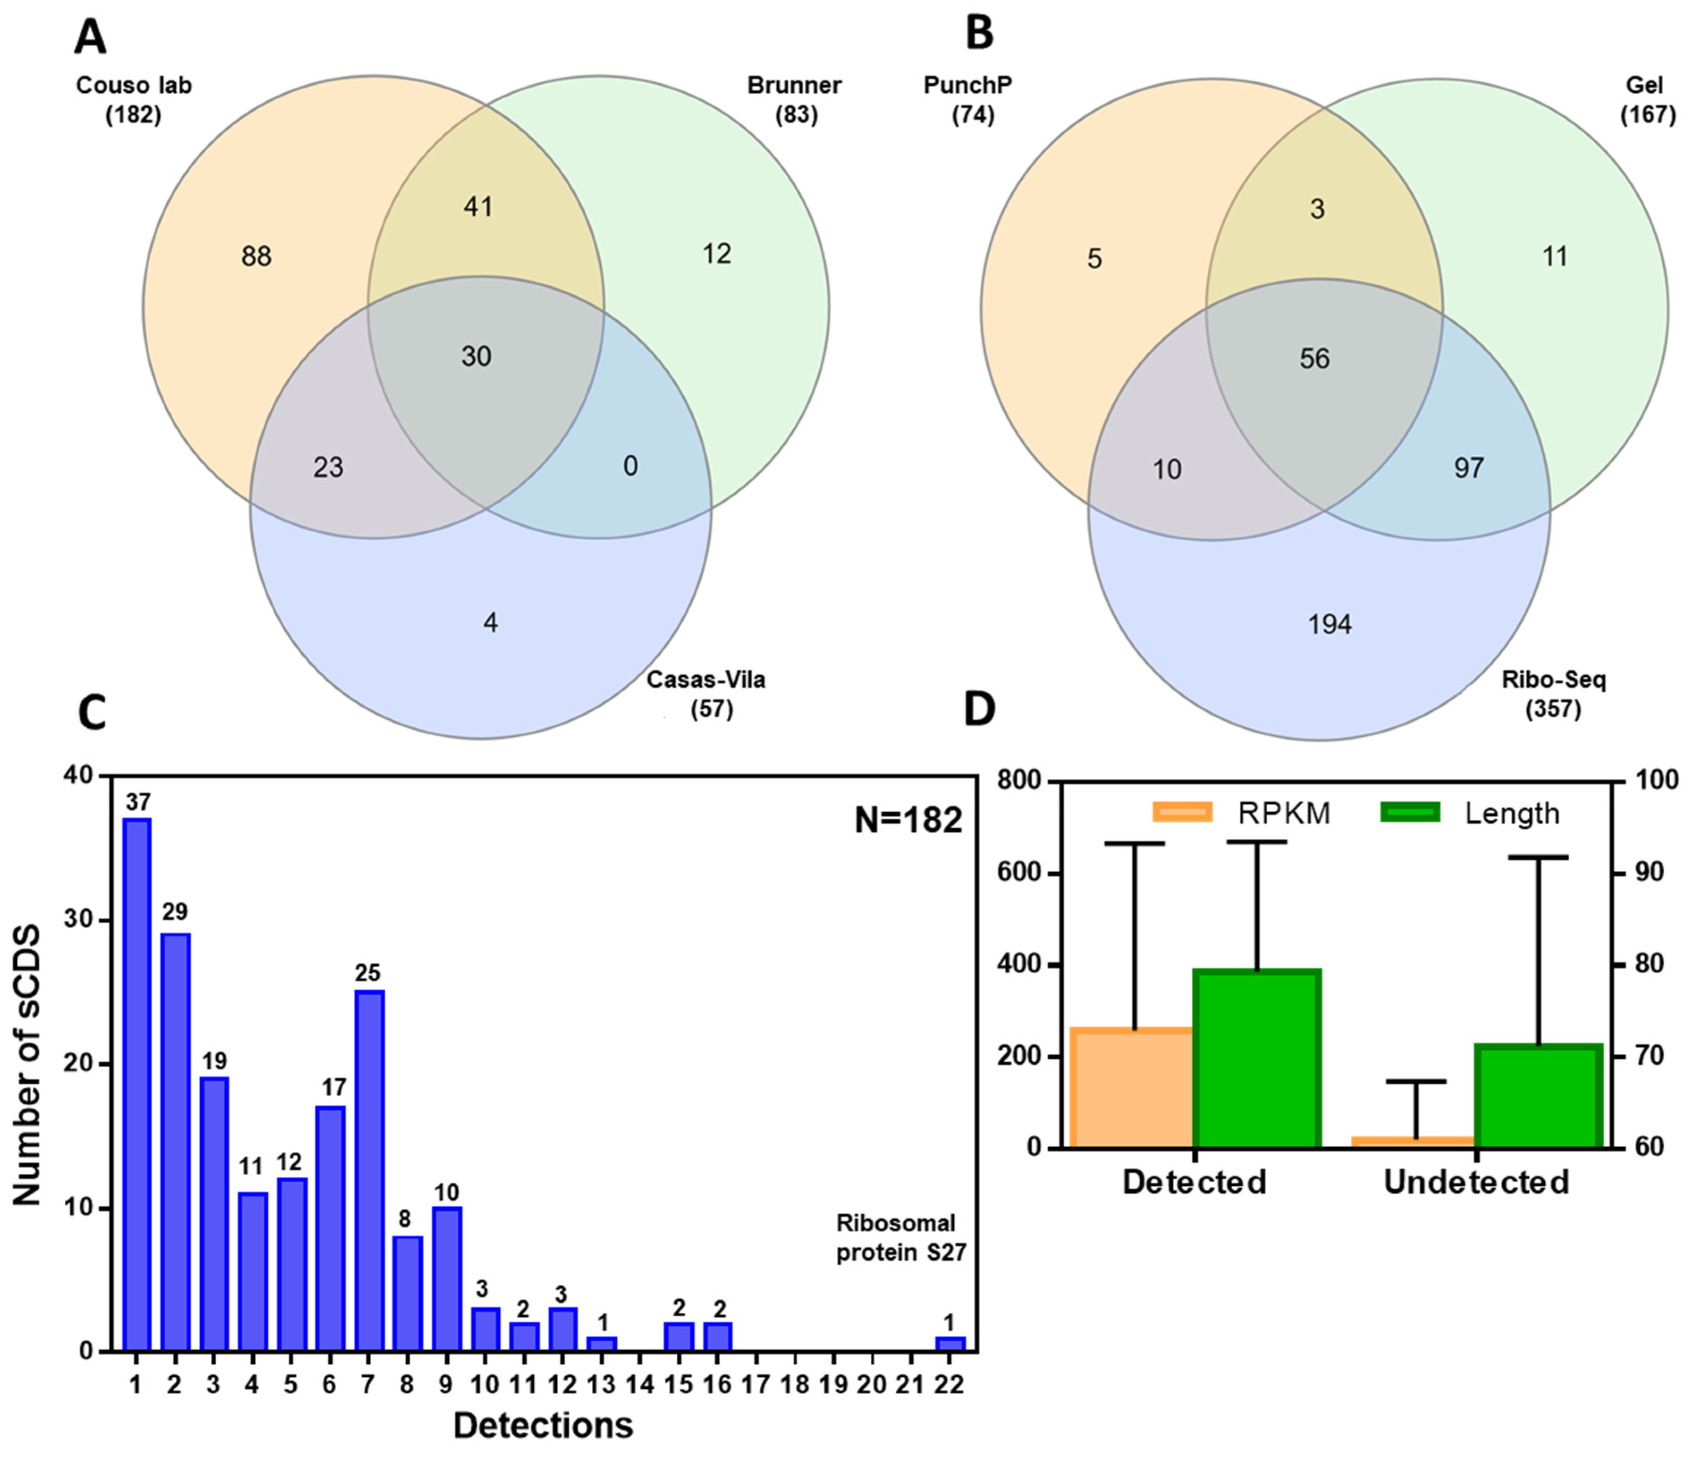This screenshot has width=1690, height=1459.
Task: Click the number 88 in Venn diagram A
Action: [256, 257]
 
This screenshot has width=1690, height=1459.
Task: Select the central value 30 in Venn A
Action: [476, 356]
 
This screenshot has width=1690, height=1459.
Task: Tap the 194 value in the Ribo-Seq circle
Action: [1329, 624]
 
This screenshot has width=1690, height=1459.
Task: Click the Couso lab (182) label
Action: [134, 100]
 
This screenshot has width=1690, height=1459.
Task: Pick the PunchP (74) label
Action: [969, 100]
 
